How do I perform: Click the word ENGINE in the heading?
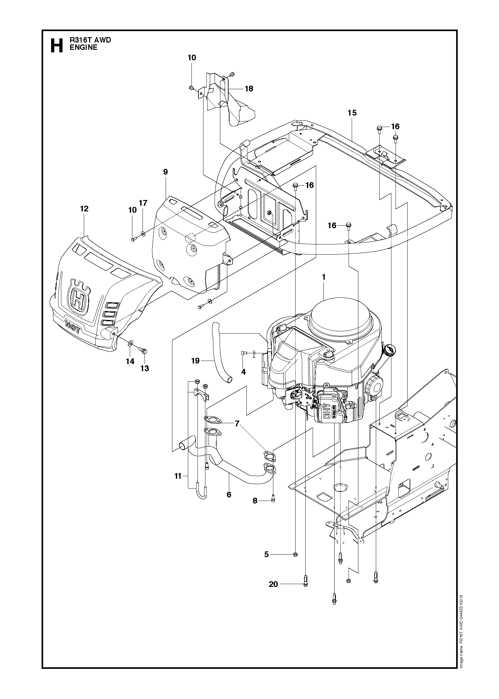point(83,48)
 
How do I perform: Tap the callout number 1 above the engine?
point(323,277)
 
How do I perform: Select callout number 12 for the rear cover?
point(84,209)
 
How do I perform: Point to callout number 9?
point(165,172)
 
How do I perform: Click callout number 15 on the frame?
point(352,113)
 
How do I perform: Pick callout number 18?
point(249,89)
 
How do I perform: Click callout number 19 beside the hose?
point(195,361)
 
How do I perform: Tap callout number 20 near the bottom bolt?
point(273,584)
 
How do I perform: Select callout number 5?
point(267,554)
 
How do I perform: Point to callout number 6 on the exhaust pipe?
point(229,494)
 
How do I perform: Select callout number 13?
point(145,368)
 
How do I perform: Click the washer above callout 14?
point(131,343)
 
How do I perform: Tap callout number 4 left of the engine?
point(243,371)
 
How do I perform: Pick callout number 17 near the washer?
point(143,203)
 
